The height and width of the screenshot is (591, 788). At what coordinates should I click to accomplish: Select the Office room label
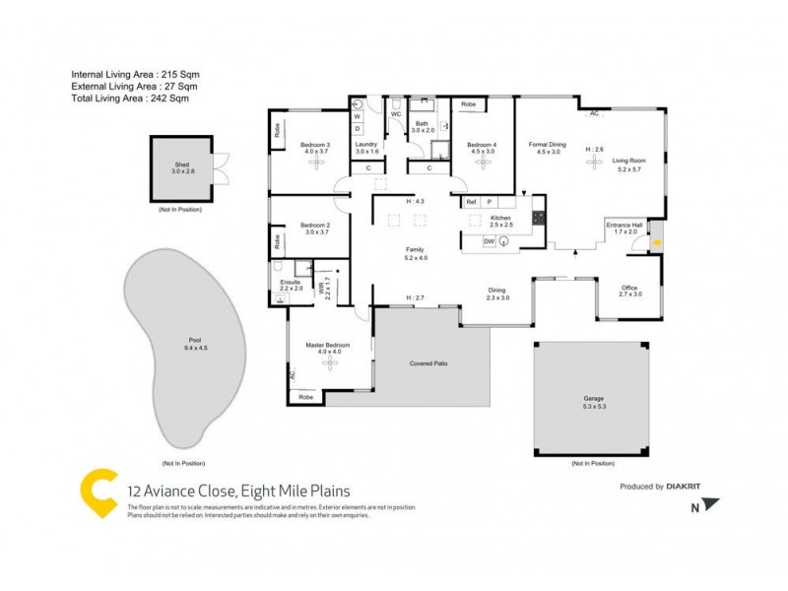point(629,290)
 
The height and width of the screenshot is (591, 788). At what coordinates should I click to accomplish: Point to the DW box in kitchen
point(490,242)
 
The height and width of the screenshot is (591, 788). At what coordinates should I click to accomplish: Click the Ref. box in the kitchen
point(472,202)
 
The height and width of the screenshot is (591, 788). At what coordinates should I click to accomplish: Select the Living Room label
point(628,163)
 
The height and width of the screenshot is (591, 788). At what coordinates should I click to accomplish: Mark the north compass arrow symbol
point(711,505)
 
